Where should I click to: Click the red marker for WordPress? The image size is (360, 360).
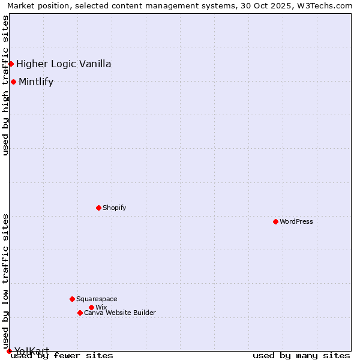275,221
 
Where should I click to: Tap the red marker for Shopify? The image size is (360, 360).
98,208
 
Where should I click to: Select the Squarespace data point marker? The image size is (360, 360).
72,299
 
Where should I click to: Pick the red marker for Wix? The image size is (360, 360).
91,307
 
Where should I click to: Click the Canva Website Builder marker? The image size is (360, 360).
80,313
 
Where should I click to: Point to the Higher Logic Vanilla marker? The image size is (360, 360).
11,64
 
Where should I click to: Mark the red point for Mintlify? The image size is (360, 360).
13,82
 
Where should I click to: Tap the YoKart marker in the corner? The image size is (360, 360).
9,351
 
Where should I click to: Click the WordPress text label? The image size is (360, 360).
296,221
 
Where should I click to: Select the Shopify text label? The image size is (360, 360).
114,208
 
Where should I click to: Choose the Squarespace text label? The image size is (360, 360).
97,299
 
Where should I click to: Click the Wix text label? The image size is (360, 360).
101,307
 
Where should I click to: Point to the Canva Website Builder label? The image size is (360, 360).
120,313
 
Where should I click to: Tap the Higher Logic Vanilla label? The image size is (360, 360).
64,64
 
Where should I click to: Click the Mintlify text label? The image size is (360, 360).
36,82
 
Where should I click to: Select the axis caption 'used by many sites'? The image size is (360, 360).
301,356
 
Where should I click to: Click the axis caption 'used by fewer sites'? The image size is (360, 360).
62,356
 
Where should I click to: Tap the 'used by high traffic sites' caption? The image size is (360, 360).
6,85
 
